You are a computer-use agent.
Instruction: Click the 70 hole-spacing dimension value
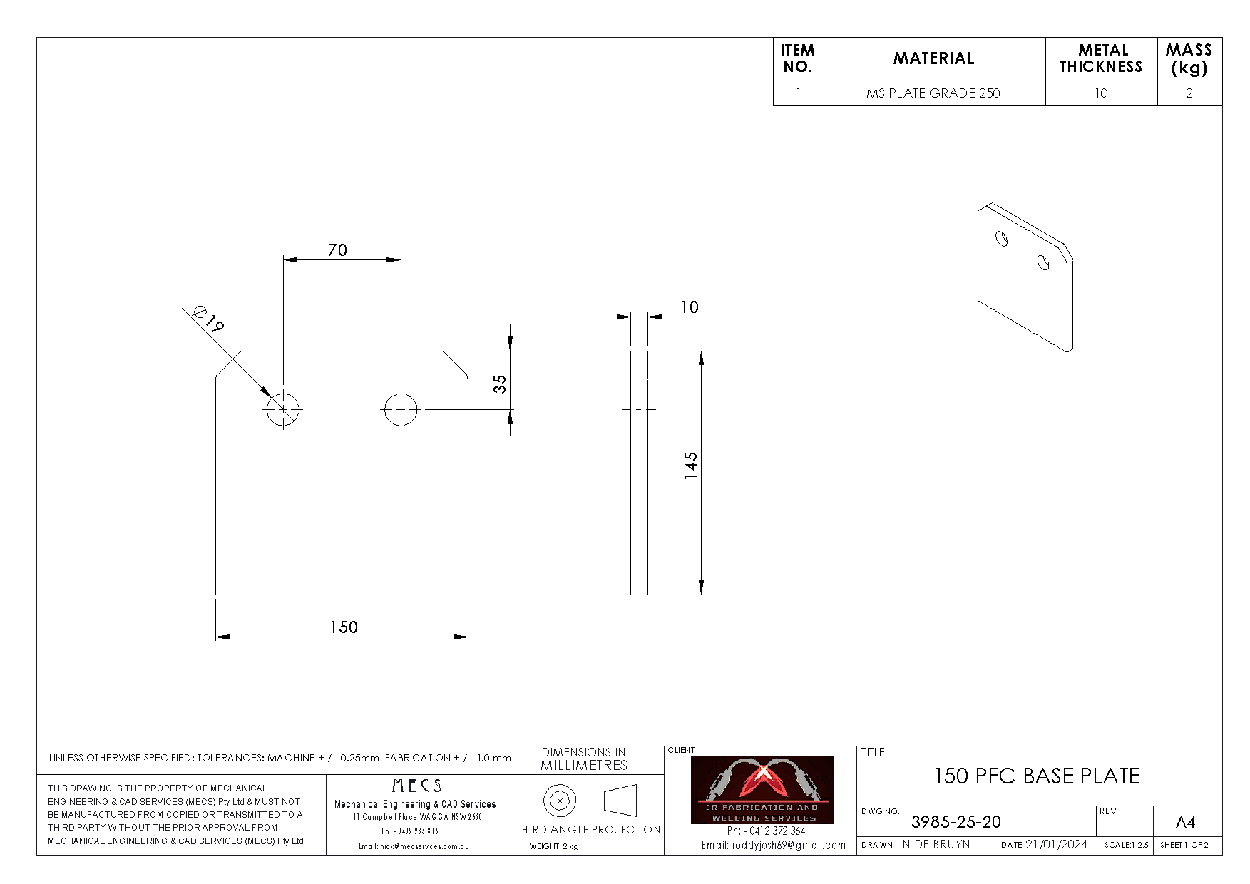tap(338, 250)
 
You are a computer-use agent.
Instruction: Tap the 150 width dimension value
tap(343, 627)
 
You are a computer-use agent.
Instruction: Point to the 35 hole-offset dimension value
tap(501, 384)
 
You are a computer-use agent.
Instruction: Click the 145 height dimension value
tap(690, 466)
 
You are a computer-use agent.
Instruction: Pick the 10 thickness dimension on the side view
tap(689, 307)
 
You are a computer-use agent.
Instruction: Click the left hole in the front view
tap(283, 410)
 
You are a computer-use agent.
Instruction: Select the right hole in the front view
tap(401, 410)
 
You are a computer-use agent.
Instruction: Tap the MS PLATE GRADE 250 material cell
tap(933, 93)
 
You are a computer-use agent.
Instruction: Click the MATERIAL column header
tap(933, 58)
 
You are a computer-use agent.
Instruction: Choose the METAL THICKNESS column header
tap(1100, 58)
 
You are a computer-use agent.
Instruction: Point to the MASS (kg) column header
tap(1189, 58)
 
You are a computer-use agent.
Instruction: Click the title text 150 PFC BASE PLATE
tap(1037, 776)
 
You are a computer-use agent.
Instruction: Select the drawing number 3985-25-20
tap(956, 822)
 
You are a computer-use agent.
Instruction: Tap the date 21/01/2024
tap(1056, 845)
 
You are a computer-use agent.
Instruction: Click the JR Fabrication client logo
tap(762, 790)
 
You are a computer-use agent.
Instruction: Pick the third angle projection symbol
tap(588, 801)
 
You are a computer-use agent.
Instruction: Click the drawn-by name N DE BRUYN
tap(936, 845)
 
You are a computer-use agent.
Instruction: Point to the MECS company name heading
tap(417, 786)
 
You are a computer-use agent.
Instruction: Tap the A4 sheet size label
tap(1184, 823)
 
